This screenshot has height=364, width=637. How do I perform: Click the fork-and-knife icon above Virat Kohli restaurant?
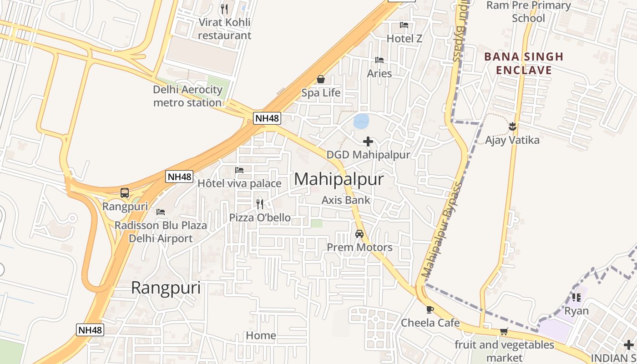224,9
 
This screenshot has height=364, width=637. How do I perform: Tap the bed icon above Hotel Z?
404,25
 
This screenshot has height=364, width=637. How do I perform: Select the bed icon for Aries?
379,60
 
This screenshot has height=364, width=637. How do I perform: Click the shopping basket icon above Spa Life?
321,80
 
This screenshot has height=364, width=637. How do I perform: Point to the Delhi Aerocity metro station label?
187,96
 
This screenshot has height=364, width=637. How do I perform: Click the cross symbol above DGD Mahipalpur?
368,142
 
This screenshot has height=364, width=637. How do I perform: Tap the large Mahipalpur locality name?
339,179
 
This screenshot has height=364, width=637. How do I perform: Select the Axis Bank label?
346,200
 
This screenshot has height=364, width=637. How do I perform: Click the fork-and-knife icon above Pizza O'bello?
260,204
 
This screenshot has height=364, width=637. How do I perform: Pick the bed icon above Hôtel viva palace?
239,170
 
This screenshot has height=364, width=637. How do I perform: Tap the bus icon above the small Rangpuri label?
125,193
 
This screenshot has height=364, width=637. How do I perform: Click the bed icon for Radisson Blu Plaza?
160,212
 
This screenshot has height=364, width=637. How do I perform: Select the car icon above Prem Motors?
359,234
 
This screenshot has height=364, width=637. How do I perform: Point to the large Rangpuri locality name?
166,288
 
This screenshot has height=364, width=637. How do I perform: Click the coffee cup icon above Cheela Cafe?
430,310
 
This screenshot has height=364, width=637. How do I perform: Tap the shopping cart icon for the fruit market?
504,332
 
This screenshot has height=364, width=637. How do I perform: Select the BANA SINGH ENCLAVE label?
524,64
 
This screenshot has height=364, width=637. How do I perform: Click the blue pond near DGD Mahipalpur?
361,121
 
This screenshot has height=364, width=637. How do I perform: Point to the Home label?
261,336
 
